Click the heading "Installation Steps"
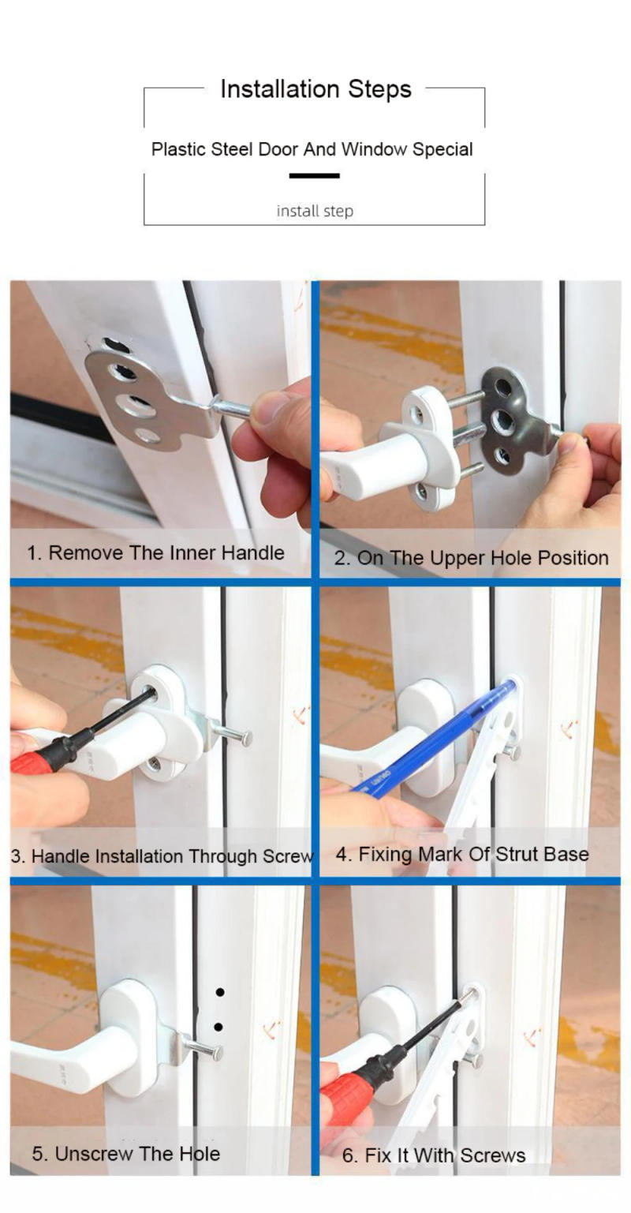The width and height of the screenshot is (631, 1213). [x=315, y=89]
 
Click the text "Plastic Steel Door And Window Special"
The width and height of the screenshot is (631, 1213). [x=312, y=149]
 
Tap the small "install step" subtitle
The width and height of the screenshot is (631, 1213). [x=315, y=211]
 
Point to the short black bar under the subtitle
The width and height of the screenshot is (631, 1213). [x=314, y=176]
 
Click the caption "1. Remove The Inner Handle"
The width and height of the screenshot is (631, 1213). [x=155, y=552]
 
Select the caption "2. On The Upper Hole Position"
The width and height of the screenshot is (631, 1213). [x=471, y=558]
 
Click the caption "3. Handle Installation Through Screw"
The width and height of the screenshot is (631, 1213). [x=162, y=855]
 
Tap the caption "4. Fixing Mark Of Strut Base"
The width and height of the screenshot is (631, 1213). [x=462, y=854]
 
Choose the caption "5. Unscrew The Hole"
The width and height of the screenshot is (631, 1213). [x=126, y=1153]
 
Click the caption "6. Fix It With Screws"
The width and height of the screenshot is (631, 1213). [x=434, y=1155]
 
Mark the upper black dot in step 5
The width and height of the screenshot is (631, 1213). [x=220, y=992]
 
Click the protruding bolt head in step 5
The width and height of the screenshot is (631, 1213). [x=215, y=1053]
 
